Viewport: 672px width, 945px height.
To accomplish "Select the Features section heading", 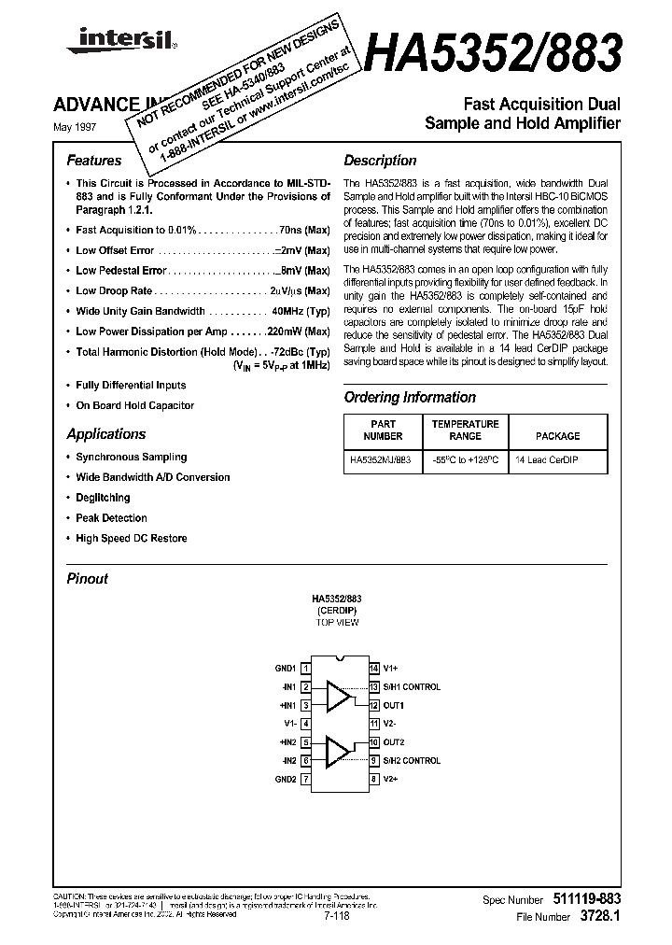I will [94, 161].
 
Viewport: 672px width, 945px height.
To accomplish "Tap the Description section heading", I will [380, 161].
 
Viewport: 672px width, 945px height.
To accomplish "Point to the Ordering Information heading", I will [410, 397].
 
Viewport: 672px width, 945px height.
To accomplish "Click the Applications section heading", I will [106, 434].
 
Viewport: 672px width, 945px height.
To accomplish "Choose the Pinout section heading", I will [88, 579].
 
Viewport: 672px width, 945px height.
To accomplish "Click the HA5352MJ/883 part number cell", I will [383, 460].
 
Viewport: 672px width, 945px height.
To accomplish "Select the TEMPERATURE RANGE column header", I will [465, 430].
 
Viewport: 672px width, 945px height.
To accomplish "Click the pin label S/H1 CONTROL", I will [412, 687].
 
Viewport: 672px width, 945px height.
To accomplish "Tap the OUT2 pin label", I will [394, 742].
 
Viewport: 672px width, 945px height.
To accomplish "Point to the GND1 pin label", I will [285, 669].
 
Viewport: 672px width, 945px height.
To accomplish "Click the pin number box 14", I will [373, 669].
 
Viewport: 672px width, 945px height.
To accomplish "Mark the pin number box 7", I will [305, 779].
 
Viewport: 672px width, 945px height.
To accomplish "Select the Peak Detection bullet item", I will [111, 518].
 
